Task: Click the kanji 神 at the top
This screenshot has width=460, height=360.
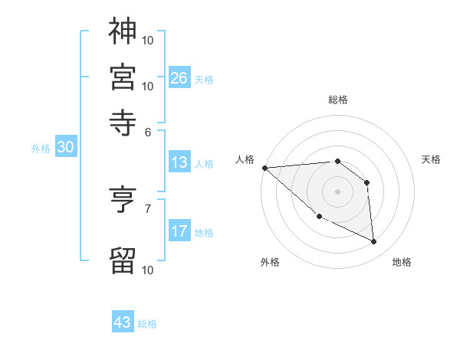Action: (x=123, y=32)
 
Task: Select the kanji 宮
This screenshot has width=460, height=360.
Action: (x=123, y=77)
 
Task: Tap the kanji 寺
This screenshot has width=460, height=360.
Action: (x=123, y=122)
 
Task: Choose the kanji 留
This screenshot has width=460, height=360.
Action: (x=123, y=260)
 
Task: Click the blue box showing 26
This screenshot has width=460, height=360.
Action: (x=179, y=78)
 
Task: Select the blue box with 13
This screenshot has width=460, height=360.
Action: (x=179, y=162)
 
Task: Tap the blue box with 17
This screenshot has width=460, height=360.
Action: (x=179, y=231)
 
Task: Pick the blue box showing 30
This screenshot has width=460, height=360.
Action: (x=65, y=148)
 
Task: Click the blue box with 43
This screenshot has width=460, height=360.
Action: (x=123, y=322)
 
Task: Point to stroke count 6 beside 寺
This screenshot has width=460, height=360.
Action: (x=148, y=131)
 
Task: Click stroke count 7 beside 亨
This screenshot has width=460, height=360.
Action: (x=148, y=208)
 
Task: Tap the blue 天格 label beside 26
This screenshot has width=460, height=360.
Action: (x=203, y=79)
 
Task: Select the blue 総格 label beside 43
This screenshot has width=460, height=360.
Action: (x=147, y=324)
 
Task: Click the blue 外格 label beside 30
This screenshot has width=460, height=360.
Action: (x=41, y=149)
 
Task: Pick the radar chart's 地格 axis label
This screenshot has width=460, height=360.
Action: (x=402, y=262)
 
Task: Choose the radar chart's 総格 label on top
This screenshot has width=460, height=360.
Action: (x=337, y=100)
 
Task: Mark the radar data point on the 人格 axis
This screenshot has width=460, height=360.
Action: (x=264, y=167)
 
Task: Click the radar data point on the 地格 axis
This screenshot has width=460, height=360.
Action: (x=374, y=242)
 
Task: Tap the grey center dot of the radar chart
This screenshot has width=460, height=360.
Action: (x=337, y=191)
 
